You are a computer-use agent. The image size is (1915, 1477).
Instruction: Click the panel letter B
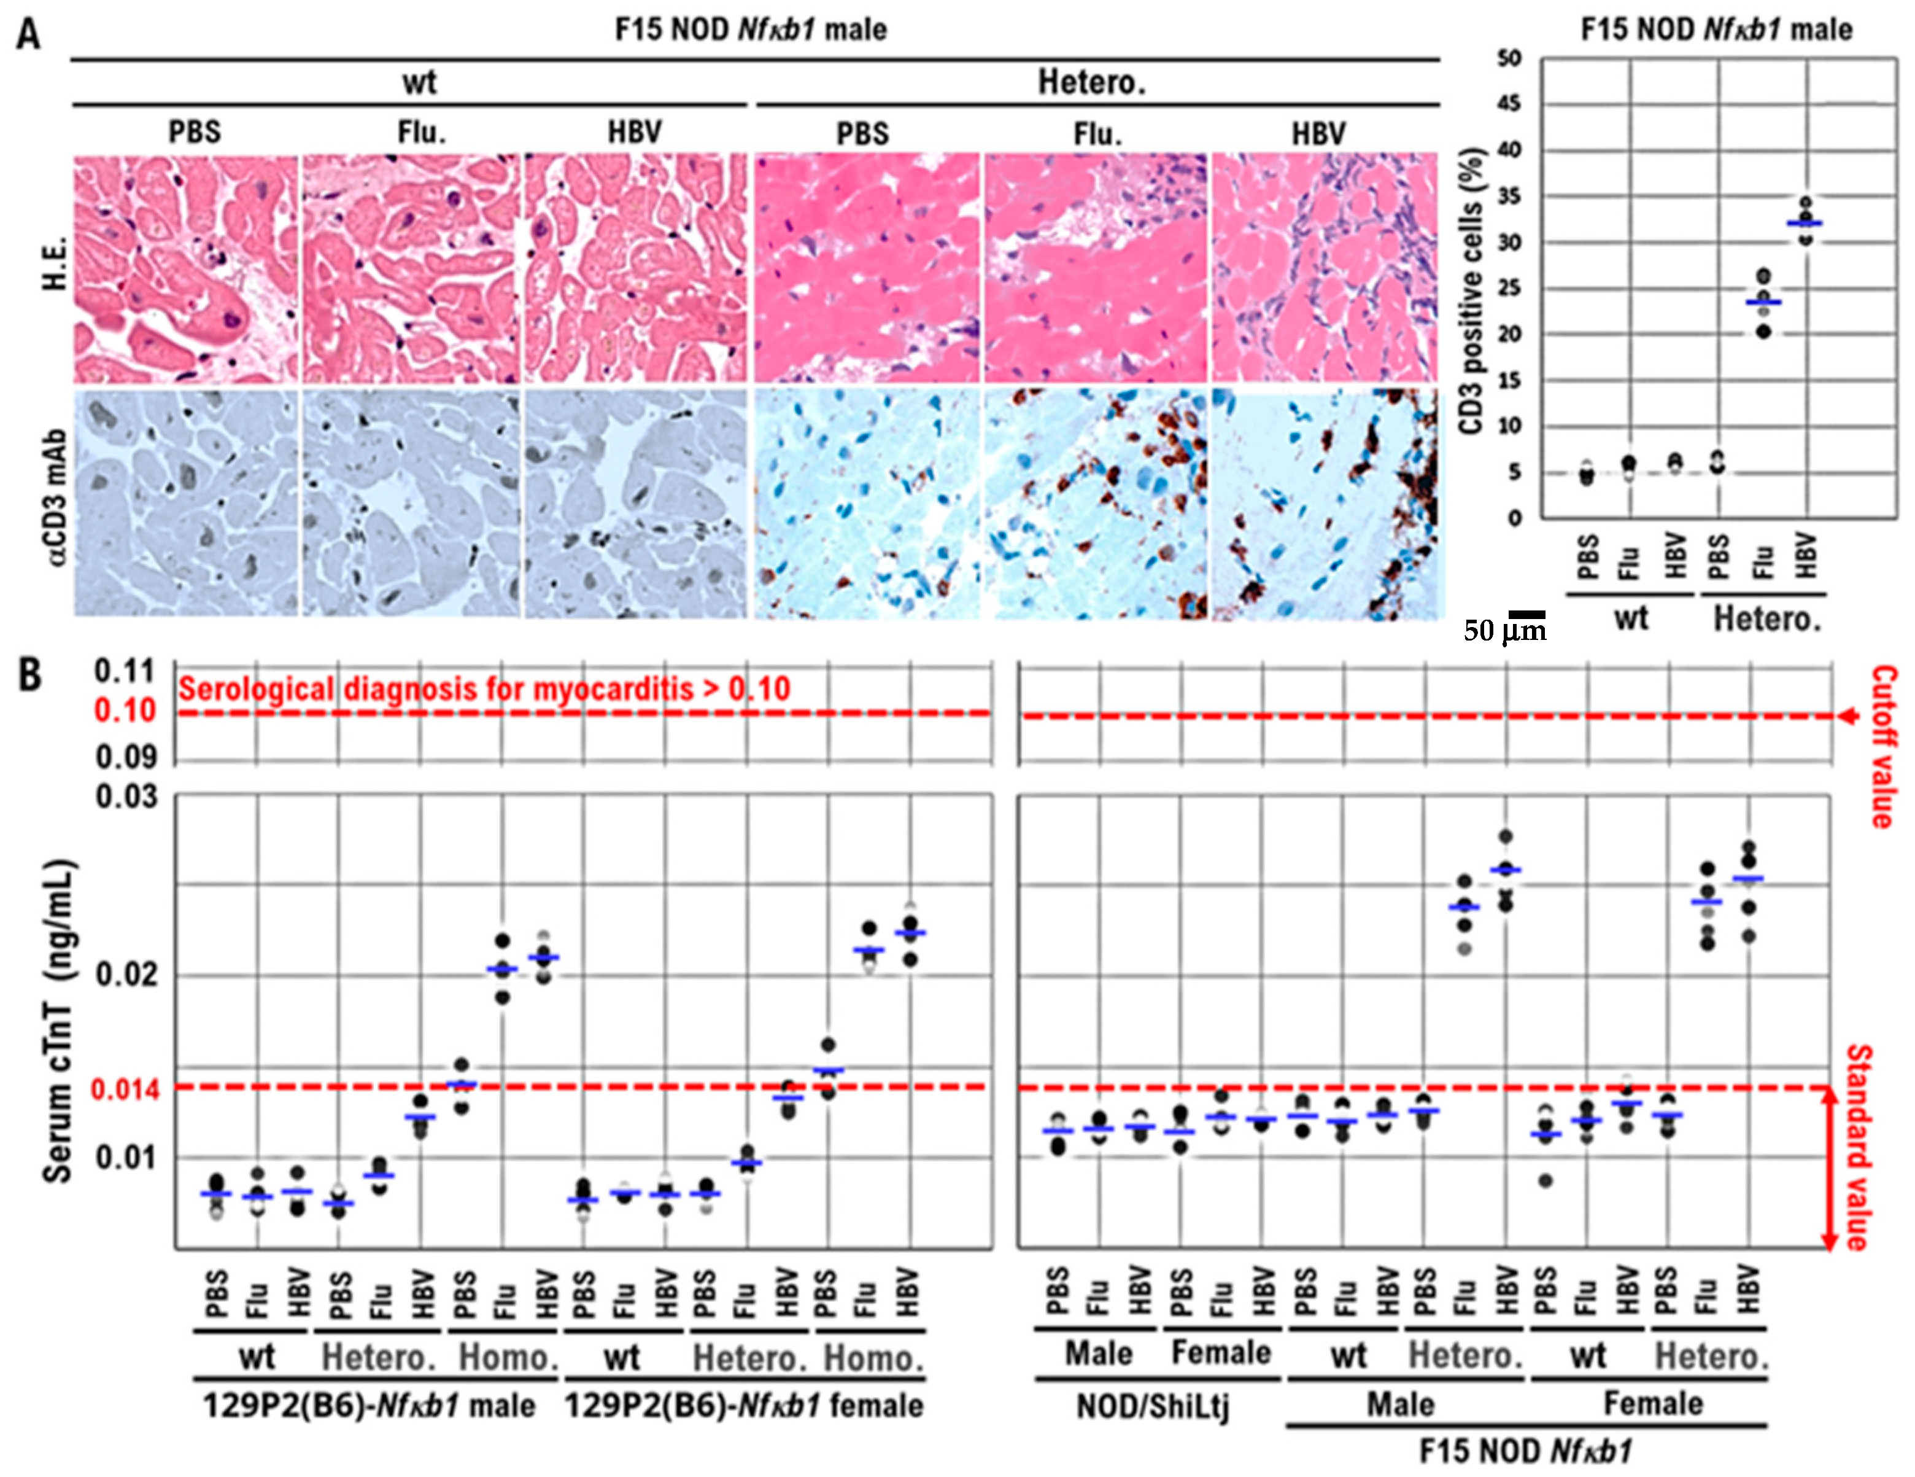click(x=30, y=676)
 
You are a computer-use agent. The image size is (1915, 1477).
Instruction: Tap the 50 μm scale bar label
click(x=1504, y=629)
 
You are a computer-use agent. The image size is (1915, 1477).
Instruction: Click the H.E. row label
click(x=56, y=268)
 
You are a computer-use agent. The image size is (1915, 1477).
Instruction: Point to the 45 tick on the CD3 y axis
click(x=1509, y=104)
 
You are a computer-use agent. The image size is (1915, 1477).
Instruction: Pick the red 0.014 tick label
click(x=125, y=1089)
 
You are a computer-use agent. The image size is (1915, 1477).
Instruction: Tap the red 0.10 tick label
click(x=125, y=711)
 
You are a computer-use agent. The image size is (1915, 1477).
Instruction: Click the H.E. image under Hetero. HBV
click(x=1324, y=268)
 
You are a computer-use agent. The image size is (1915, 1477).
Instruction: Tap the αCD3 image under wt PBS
click(x=186, y=502)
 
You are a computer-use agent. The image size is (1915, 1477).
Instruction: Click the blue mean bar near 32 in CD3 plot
click(x=1804, y=224)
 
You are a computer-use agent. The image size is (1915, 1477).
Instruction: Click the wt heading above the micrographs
click(x=419, y=82)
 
